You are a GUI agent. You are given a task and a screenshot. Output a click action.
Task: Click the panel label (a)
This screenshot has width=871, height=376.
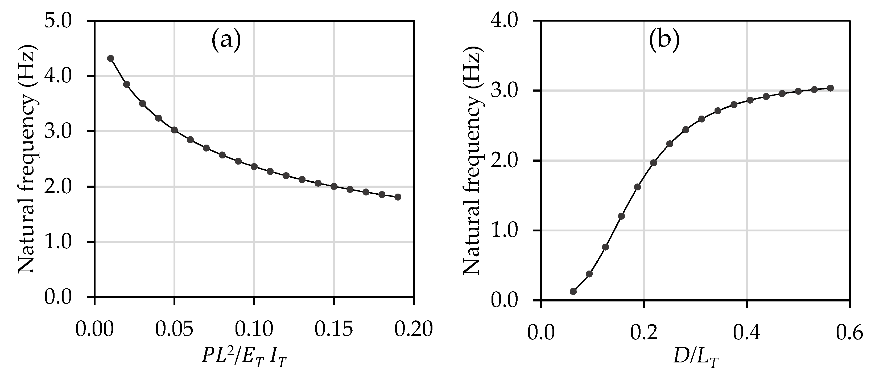click(226, 40)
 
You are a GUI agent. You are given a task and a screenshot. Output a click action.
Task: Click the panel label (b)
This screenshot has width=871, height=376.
click(664, 40)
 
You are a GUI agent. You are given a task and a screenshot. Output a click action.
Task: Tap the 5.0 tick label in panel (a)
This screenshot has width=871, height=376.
click(64, 21)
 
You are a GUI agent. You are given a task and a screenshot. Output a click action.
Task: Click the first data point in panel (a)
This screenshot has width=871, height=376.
click(110, 58)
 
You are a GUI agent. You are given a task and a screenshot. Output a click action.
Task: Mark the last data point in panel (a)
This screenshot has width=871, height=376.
click(398, 197)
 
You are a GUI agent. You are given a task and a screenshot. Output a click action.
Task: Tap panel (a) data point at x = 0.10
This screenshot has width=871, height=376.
click(254, 166)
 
